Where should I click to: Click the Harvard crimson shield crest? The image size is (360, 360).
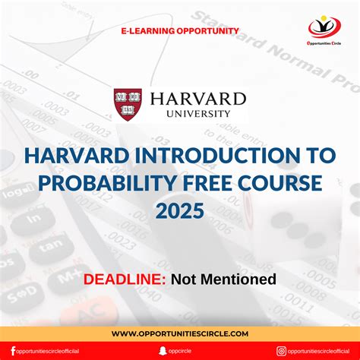tap(128, 104)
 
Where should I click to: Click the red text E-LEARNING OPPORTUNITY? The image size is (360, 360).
tap(180, 31)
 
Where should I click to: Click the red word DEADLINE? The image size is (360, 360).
tap(125, 279)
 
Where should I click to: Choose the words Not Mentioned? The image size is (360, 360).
tap(223, 279)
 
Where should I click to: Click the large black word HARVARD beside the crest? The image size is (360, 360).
tap(198, 99)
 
